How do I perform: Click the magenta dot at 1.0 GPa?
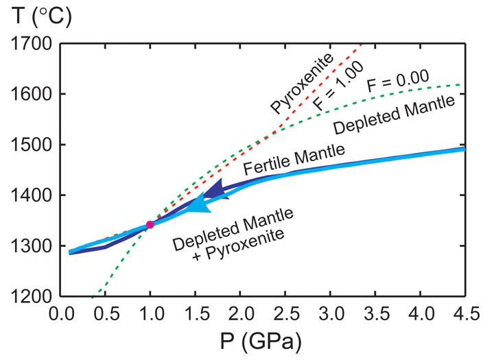150,225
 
